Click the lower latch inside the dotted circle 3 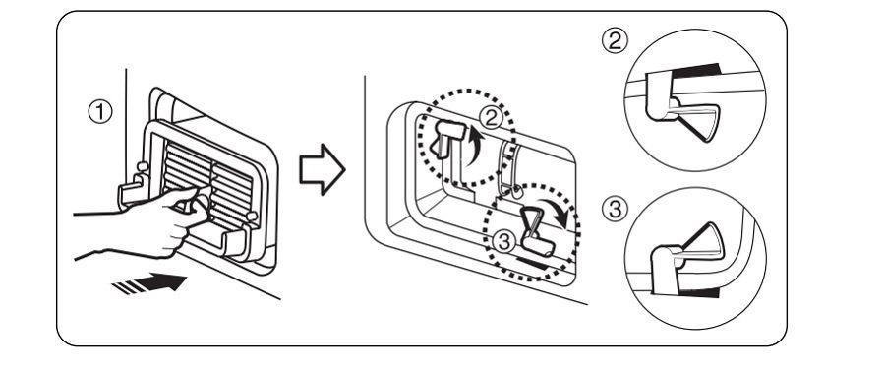(x=535, y=226)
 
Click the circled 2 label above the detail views (x=613, y=38)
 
